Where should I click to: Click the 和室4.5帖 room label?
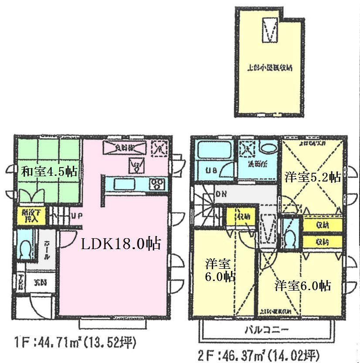(x=49, y=171)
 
